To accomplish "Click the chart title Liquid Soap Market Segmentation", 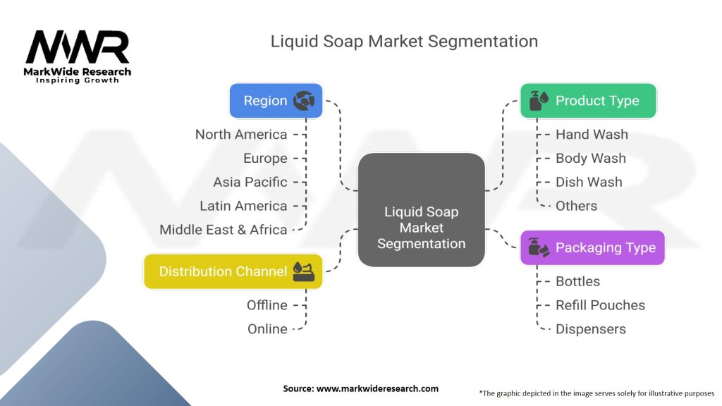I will tap(404, 41).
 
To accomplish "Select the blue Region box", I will tap(276, 101).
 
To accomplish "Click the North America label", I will tap(241, 135).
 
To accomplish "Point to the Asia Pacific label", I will tap(250, 182).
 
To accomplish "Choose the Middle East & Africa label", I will tap(224, 230).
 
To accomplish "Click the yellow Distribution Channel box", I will tap(233, 271).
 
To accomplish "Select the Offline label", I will tap(267, 305).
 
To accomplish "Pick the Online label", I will tap(267, 329).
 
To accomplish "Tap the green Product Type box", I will tap(588, 101).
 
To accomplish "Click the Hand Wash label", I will tap(592, 135).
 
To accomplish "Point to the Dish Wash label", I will tap(589, 182).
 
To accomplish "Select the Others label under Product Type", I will tap(576, 206).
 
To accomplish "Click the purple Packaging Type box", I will tap(592, 247).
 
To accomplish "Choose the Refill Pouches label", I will tap(600, 305).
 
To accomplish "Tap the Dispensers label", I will tap(590, 329).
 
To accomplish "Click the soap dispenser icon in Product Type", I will tap(537, 101).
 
